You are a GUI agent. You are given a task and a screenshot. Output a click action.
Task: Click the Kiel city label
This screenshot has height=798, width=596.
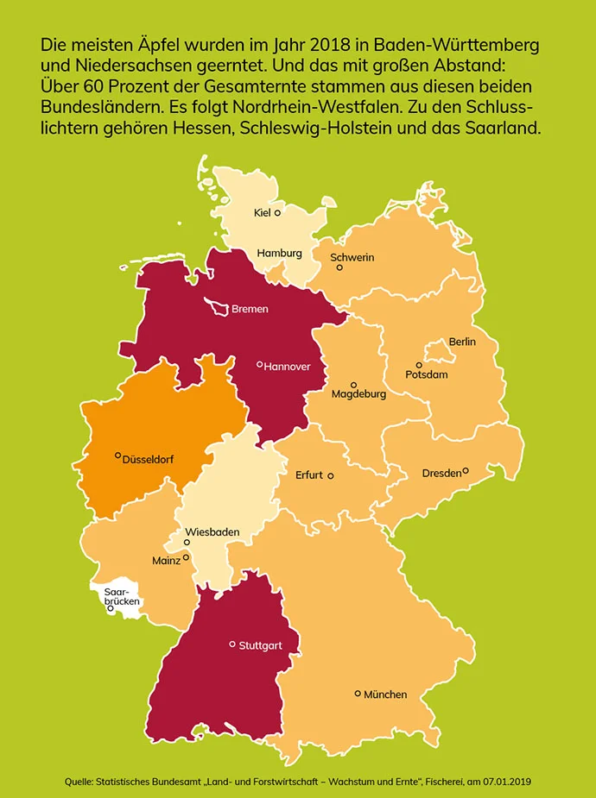pos(262,212)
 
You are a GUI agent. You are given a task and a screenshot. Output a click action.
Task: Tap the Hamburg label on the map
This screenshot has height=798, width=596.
pos(279,253)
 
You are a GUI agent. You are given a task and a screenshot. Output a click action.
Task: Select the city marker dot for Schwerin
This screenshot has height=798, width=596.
pos(339,267)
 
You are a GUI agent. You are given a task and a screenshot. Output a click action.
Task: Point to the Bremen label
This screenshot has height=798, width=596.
pos(250,308)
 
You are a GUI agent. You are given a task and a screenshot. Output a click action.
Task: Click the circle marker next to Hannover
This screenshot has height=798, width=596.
pos(259,364)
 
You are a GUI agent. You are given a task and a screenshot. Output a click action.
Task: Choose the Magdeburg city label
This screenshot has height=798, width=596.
pos(358,394)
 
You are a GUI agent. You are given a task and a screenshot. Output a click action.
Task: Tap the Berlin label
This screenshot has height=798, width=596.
pos(462,342)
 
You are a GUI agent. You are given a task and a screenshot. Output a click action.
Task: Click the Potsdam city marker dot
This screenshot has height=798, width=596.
pos(419,365)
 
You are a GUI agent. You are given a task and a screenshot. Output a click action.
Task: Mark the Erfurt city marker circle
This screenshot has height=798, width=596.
pos(330,475)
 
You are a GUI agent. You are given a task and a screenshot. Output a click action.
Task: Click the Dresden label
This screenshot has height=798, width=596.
pos(441,473)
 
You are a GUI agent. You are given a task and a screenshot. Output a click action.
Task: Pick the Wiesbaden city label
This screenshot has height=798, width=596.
pos(212,531)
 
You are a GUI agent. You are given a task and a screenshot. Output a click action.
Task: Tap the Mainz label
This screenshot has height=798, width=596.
pos(166,560)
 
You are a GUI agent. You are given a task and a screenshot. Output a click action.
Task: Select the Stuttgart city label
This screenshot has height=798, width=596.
pos(260,644)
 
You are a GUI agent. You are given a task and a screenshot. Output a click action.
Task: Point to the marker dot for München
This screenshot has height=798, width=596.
pos(358,693)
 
